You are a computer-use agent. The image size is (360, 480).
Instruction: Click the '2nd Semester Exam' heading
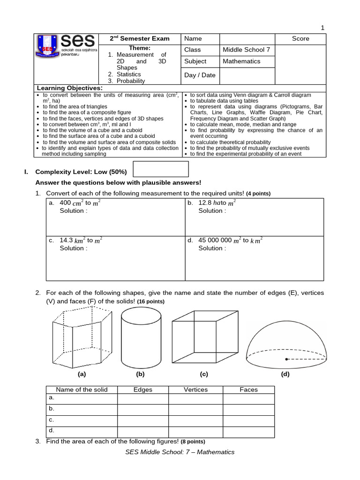click(140, 38)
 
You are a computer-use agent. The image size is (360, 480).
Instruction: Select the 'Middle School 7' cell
click(246, 50)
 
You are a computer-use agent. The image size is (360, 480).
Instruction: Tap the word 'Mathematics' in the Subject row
click(241, 61)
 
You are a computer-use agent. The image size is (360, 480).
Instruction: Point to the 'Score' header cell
click(300, 38)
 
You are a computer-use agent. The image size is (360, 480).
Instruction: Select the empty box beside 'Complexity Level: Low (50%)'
click(161, 169)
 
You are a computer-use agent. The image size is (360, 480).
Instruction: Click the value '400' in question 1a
click(65, 203)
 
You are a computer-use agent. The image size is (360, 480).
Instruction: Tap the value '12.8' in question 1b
click(205, 203)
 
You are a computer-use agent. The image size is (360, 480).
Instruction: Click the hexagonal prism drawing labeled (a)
click(82, 337)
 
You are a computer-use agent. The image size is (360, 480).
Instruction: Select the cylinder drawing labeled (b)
click(140, 337)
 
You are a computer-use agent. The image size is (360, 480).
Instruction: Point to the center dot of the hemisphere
click(286, 359)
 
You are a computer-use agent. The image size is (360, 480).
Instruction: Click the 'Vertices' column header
click(195, 390)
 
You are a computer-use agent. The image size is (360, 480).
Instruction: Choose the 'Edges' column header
click(143, 390)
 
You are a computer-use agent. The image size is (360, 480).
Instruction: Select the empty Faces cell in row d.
click(248, 430)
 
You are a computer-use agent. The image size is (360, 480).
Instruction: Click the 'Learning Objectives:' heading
click(69, 88)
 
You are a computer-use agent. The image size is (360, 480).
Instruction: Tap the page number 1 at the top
click(322, 28)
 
